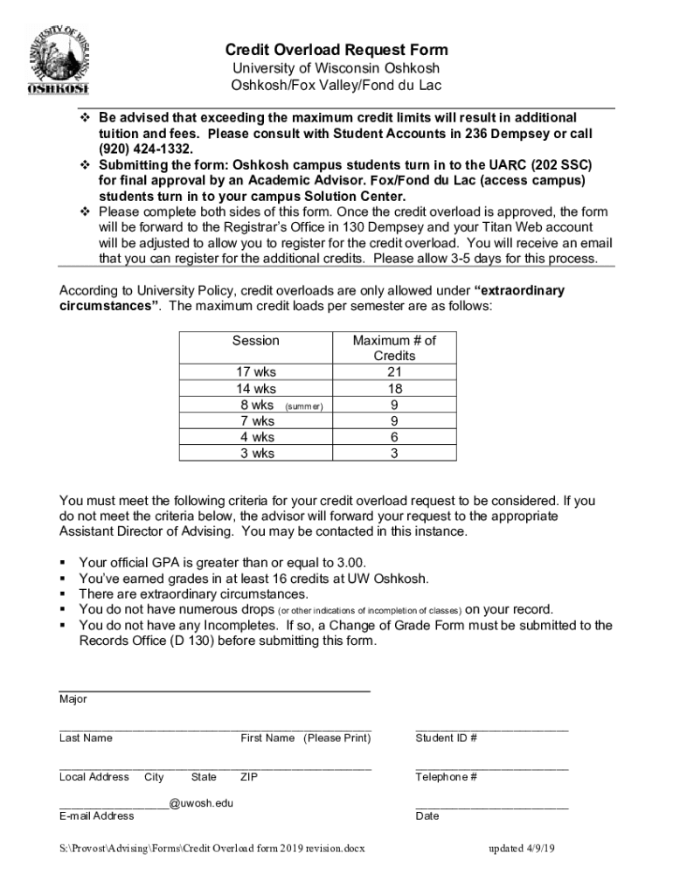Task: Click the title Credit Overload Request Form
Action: click(336, 50)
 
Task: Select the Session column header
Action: click(255, 341)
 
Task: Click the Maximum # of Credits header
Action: click(393, 348)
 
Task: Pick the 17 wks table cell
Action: click(255, 372)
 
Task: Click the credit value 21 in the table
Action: click(394, 372)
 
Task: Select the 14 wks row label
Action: click(255, 389)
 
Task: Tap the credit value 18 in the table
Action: click(394, 389)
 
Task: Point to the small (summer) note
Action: click(304, 406)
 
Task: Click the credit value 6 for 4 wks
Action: click(394, 437)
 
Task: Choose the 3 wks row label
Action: click(256, 453)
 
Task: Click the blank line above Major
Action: click(214, 690)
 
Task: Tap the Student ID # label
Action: click(446, 738)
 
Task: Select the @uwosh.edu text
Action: click(201, 803)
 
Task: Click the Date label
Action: click(427, 816)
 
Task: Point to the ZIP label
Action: click(249, 777)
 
